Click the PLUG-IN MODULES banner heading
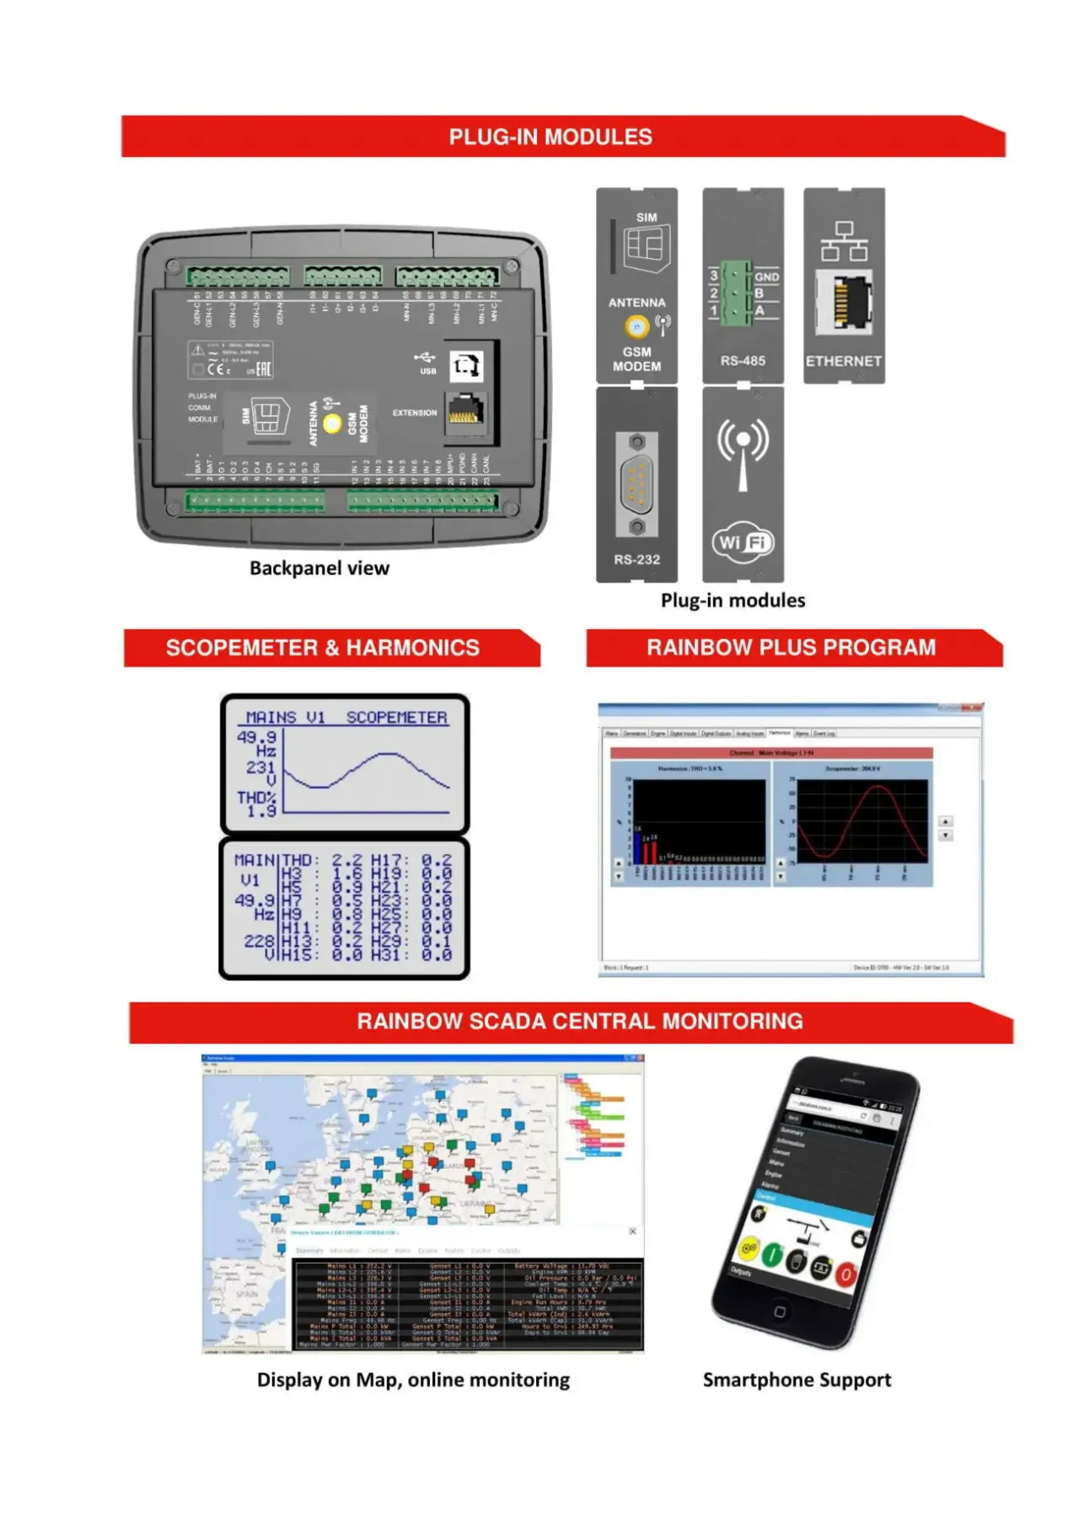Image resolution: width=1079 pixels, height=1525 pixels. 550,137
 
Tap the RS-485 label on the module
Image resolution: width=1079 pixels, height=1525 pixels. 743,361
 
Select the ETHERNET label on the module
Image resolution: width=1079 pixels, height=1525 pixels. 843,361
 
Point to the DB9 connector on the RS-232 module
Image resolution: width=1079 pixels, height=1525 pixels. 637,485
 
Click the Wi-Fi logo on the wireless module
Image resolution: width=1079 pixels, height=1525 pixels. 743,542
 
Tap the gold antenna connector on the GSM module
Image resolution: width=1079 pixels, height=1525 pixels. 637,325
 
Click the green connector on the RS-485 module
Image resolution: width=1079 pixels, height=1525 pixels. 736,293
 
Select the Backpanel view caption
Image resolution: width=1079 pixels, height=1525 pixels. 319,568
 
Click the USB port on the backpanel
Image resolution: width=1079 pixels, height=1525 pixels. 466,366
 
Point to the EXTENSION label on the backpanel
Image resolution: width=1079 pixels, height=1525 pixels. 414,413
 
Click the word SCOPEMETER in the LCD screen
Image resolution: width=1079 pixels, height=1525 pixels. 396,717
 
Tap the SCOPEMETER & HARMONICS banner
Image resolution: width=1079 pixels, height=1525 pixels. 322,647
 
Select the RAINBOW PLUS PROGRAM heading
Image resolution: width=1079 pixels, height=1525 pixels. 791,647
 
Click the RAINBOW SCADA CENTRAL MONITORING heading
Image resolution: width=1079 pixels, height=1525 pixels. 580,1022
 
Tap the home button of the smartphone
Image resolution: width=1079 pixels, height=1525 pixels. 780,1312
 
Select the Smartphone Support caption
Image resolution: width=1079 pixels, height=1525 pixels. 797,1380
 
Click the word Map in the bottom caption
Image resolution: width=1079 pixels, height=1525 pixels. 378,1380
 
